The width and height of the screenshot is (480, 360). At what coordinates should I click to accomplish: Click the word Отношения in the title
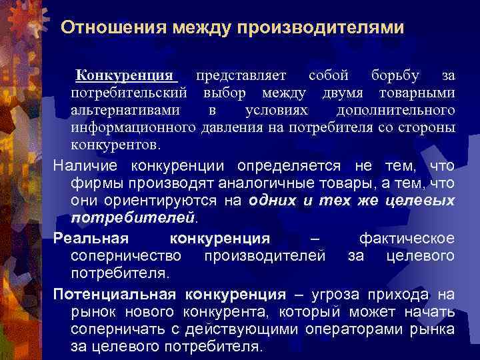pyautogui.click(x=113, y=28)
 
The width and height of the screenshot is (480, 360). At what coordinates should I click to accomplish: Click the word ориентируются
pyautogui.click(x=157, y=200)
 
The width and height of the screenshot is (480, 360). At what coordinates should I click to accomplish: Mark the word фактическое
pyautogui.click(x=407, y=239)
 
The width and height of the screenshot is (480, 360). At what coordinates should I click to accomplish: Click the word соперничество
pyautogui.click(x=126, y=256)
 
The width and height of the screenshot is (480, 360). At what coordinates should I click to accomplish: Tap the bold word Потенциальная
pyautogui.click(x=114, y=295)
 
